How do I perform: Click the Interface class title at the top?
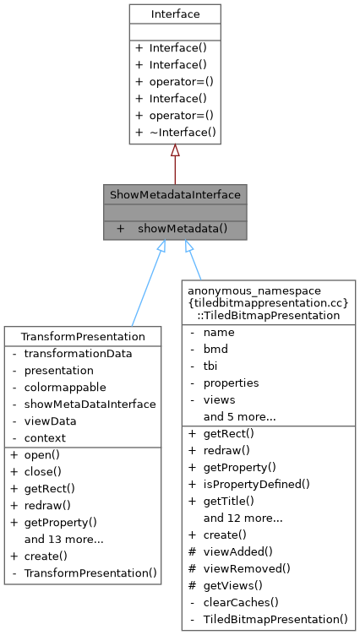[174, 14]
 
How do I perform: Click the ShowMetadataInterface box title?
[175, 195]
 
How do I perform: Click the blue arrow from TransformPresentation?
[146, 284]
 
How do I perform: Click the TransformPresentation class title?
[82, 336]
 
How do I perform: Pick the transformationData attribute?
[78, 353]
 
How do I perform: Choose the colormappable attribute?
[65, 387]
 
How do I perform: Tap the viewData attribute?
[50, 421]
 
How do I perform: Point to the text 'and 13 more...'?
[64, 539]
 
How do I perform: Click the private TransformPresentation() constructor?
[90, 573]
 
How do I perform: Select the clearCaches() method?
[240, 602]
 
